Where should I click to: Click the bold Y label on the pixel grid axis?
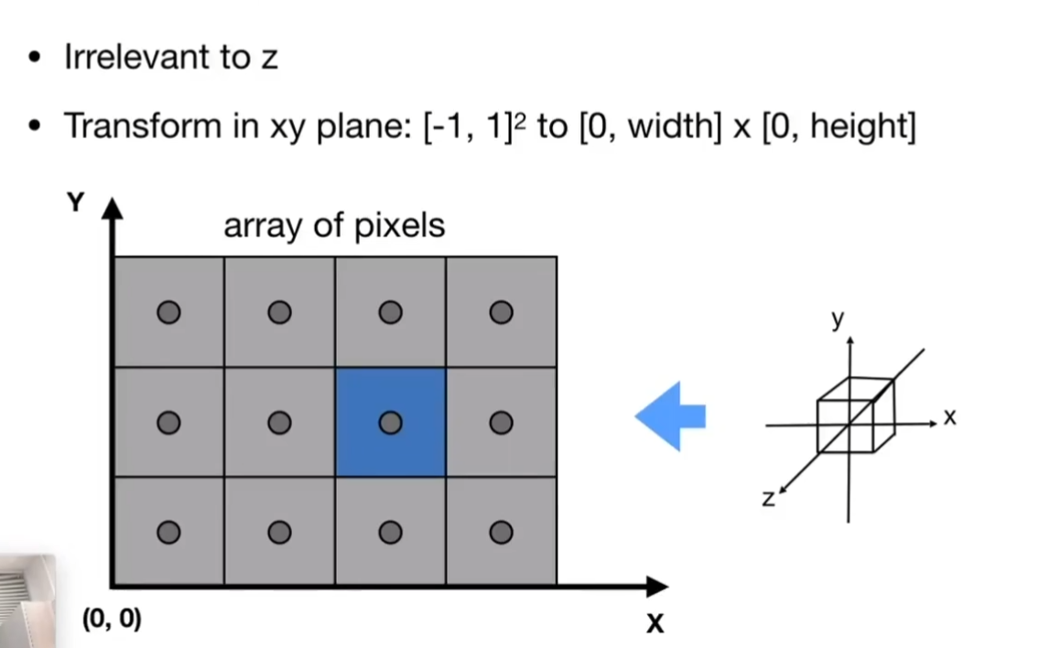click(x=75, y=203)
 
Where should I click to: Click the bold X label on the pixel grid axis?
click(x=655, y=624)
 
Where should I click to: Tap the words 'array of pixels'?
click(x=334, y=225)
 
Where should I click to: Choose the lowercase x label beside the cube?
click(x=949, y=417)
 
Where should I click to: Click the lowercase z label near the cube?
click(x=768, y=498)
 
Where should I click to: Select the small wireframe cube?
click(x=854, y=415)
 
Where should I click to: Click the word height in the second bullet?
click(x=860, y=126)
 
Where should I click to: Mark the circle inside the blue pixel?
click(x=390, y=422)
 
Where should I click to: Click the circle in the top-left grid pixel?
click(x=168, y=313)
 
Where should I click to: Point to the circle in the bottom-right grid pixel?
click(x=501, y=532)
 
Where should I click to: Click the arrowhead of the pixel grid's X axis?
click(x=657, y=586)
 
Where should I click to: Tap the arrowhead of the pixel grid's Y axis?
click(x=112, y=208)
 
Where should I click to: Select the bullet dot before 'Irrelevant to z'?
click(x=35, y=59)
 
